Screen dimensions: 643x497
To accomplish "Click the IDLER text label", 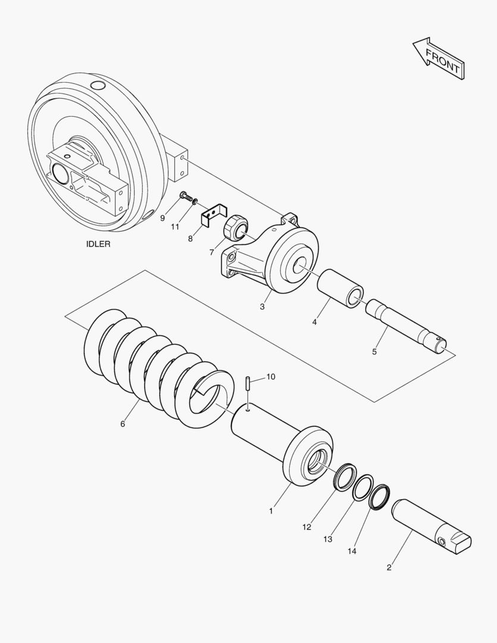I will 98,244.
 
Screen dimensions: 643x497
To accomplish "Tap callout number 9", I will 162,219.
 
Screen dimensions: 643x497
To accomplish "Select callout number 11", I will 175,227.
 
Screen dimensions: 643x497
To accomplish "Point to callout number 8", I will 190,238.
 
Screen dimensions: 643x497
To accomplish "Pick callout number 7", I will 211,252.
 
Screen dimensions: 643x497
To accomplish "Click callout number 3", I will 262,307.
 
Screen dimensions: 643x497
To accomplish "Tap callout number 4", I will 314,322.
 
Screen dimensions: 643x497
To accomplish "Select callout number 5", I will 374,352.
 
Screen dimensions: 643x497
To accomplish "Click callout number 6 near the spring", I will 123,424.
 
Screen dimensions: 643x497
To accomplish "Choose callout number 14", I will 352,551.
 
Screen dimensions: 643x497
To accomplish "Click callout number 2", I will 389,567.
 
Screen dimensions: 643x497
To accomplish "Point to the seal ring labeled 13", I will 363,488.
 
